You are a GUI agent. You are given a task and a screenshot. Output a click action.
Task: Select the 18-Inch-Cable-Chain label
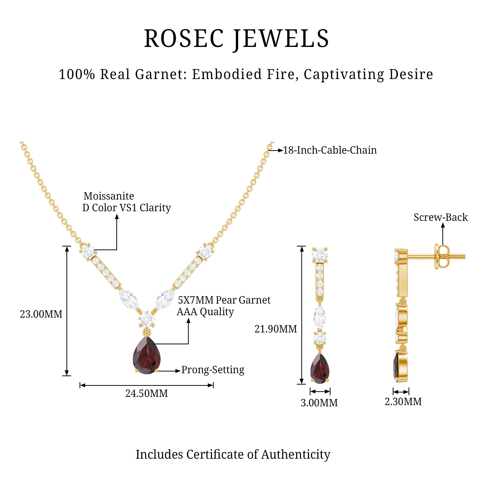(x=330, y=150)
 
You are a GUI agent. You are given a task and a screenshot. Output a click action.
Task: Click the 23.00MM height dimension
(x=41, y=314)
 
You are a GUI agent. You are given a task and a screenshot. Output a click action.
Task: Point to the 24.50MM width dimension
(x=146, y=393)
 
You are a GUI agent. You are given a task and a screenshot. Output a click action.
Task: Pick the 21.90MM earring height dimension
(x=276, y=329)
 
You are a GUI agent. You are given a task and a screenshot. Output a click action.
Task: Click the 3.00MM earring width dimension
(x=319, y=403)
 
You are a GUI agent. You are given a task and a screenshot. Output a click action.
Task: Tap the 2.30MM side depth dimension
(x=403, y=401)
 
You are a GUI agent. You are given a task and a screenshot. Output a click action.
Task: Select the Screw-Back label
(x=441, y=217)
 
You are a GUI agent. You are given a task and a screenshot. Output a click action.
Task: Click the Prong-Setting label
(x=213, y=370)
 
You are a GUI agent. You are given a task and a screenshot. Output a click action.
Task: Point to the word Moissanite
(x=109, y=196)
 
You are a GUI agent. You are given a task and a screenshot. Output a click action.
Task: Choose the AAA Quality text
(x=205, y=312)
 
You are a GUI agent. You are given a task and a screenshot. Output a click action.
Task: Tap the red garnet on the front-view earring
(x=320, y=369)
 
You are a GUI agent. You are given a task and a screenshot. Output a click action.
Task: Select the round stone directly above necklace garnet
(x=147, y=319)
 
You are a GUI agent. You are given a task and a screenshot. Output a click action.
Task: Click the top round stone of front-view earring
(x=320, y=255)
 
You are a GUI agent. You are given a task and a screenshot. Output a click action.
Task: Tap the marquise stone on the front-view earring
(x=320, y=316)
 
